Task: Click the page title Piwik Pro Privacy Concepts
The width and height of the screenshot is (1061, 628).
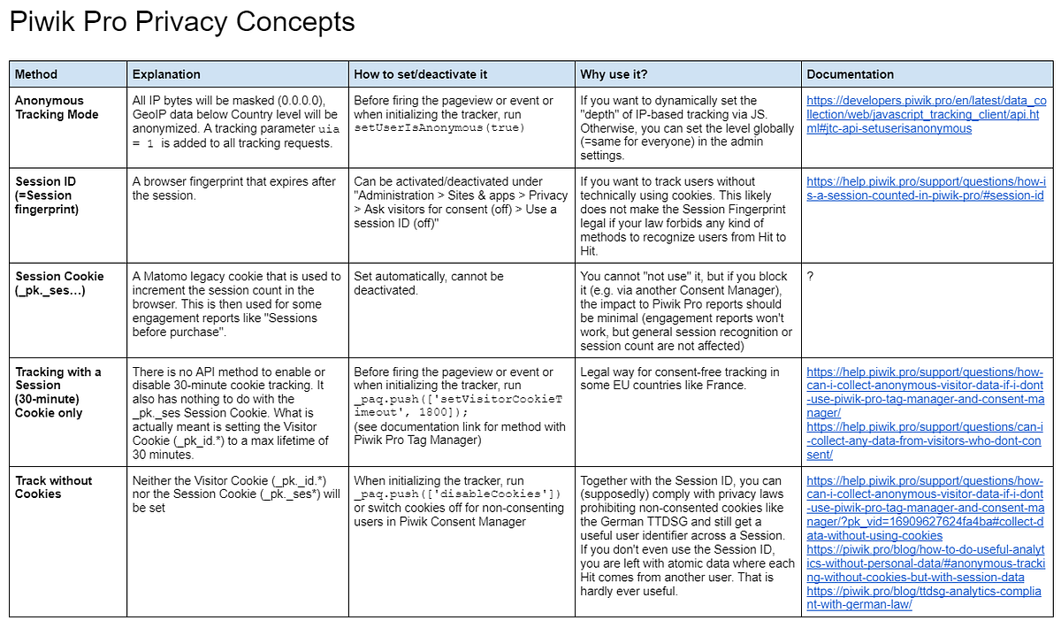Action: pos(182,22)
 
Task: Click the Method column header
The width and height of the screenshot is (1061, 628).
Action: pos(36,74)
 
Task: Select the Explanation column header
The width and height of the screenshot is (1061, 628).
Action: pos(166,74)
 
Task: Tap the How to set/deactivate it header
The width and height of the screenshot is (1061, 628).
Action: pos(420,74)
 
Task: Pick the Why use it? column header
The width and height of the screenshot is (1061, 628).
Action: pos(614,74)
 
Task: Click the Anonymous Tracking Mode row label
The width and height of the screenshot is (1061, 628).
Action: pos(57,108)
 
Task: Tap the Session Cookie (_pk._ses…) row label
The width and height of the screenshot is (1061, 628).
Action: pos(59,283)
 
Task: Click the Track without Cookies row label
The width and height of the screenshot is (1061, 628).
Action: pos(53,487)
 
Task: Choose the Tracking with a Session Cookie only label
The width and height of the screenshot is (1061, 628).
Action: pos(58,392)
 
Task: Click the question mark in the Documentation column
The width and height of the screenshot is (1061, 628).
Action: pos(811,277)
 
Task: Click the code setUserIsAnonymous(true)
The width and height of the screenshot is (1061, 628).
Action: pos(424,129)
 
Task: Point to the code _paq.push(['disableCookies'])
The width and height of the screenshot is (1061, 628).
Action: pos(457,494)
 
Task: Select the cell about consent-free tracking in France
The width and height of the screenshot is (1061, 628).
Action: pos(679,379)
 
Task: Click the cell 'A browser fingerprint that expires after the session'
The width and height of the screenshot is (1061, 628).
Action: pos(233,188)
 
